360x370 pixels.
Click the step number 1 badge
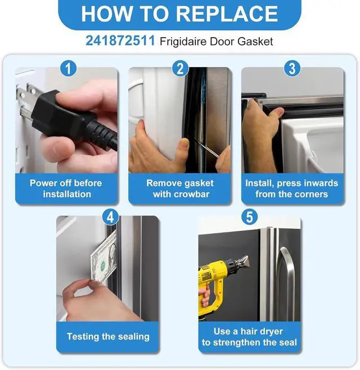point(69,69)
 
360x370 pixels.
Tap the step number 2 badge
point(181,69)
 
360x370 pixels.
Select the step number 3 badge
point(292,69)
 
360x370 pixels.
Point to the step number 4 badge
point(111,217)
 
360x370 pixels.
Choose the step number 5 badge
point(250,217)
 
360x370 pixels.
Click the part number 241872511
point(120,41)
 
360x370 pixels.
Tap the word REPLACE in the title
point(227,14)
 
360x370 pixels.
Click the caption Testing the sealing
point(108,337)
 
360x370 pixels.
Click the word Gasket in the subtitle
point(255,42)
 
